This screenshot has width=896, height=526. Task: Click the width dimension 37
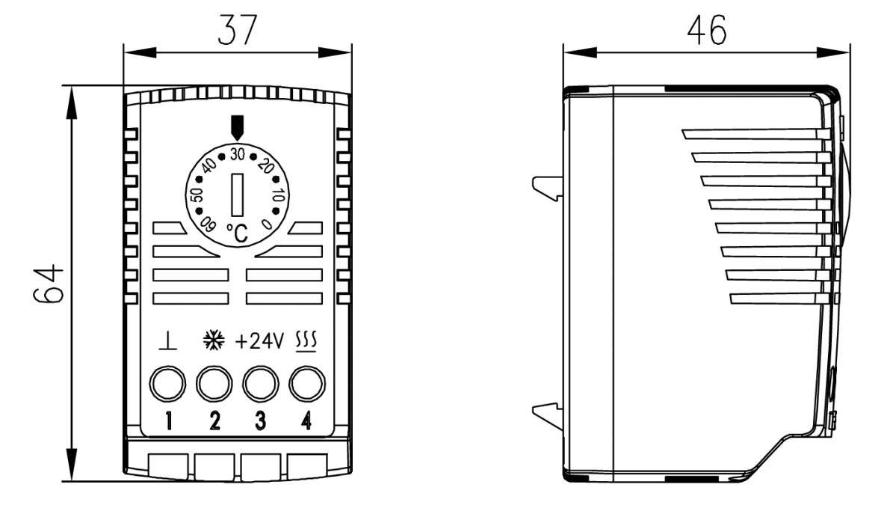pos(237,31)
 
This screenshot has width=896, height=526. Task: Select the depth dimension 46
pos(707,31)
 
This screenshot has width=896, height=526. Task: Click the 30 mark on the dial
pos(238,153)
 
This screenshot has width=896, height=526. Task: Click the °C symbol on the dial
pos(236,233)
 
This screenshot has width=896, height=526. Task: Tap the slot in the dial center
pos(237,192)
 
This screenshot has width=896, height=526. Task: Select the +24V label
pos(259,343)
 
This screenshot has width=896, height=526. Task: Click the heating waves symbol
pos(306,342)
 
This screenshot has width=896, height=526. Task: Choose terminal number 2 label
pos(214,421)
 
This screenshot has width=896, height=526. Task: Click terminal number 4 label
pos(305,421)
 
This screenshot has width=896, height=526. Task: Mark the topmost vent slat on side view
pos(755,134)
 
